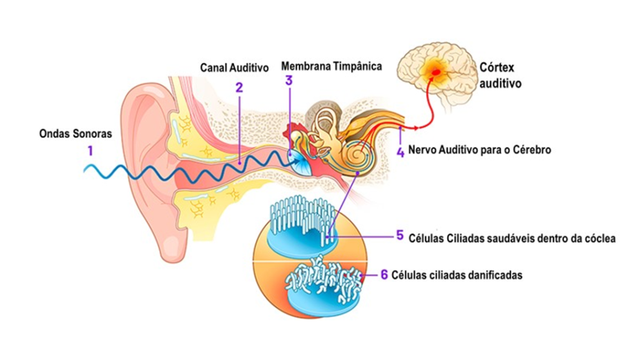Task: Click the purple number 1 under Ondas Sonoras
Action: coord(91,150)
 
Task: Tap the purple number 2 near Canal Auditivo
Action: coord(239,87)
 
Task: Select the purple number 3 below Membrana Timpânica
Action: coord(289,81)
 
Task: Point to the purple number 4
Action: coord(400,151)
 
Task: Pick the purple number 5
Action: coord(400,236)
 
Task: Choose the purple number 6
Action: coord(384,274)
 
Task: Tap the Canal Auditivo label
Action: coord(234,67)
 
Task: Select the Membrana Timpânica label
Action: coord(331,66)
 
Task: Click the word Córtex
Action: coord(497,67)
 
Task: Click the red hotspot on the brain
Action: coord(435,73)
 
